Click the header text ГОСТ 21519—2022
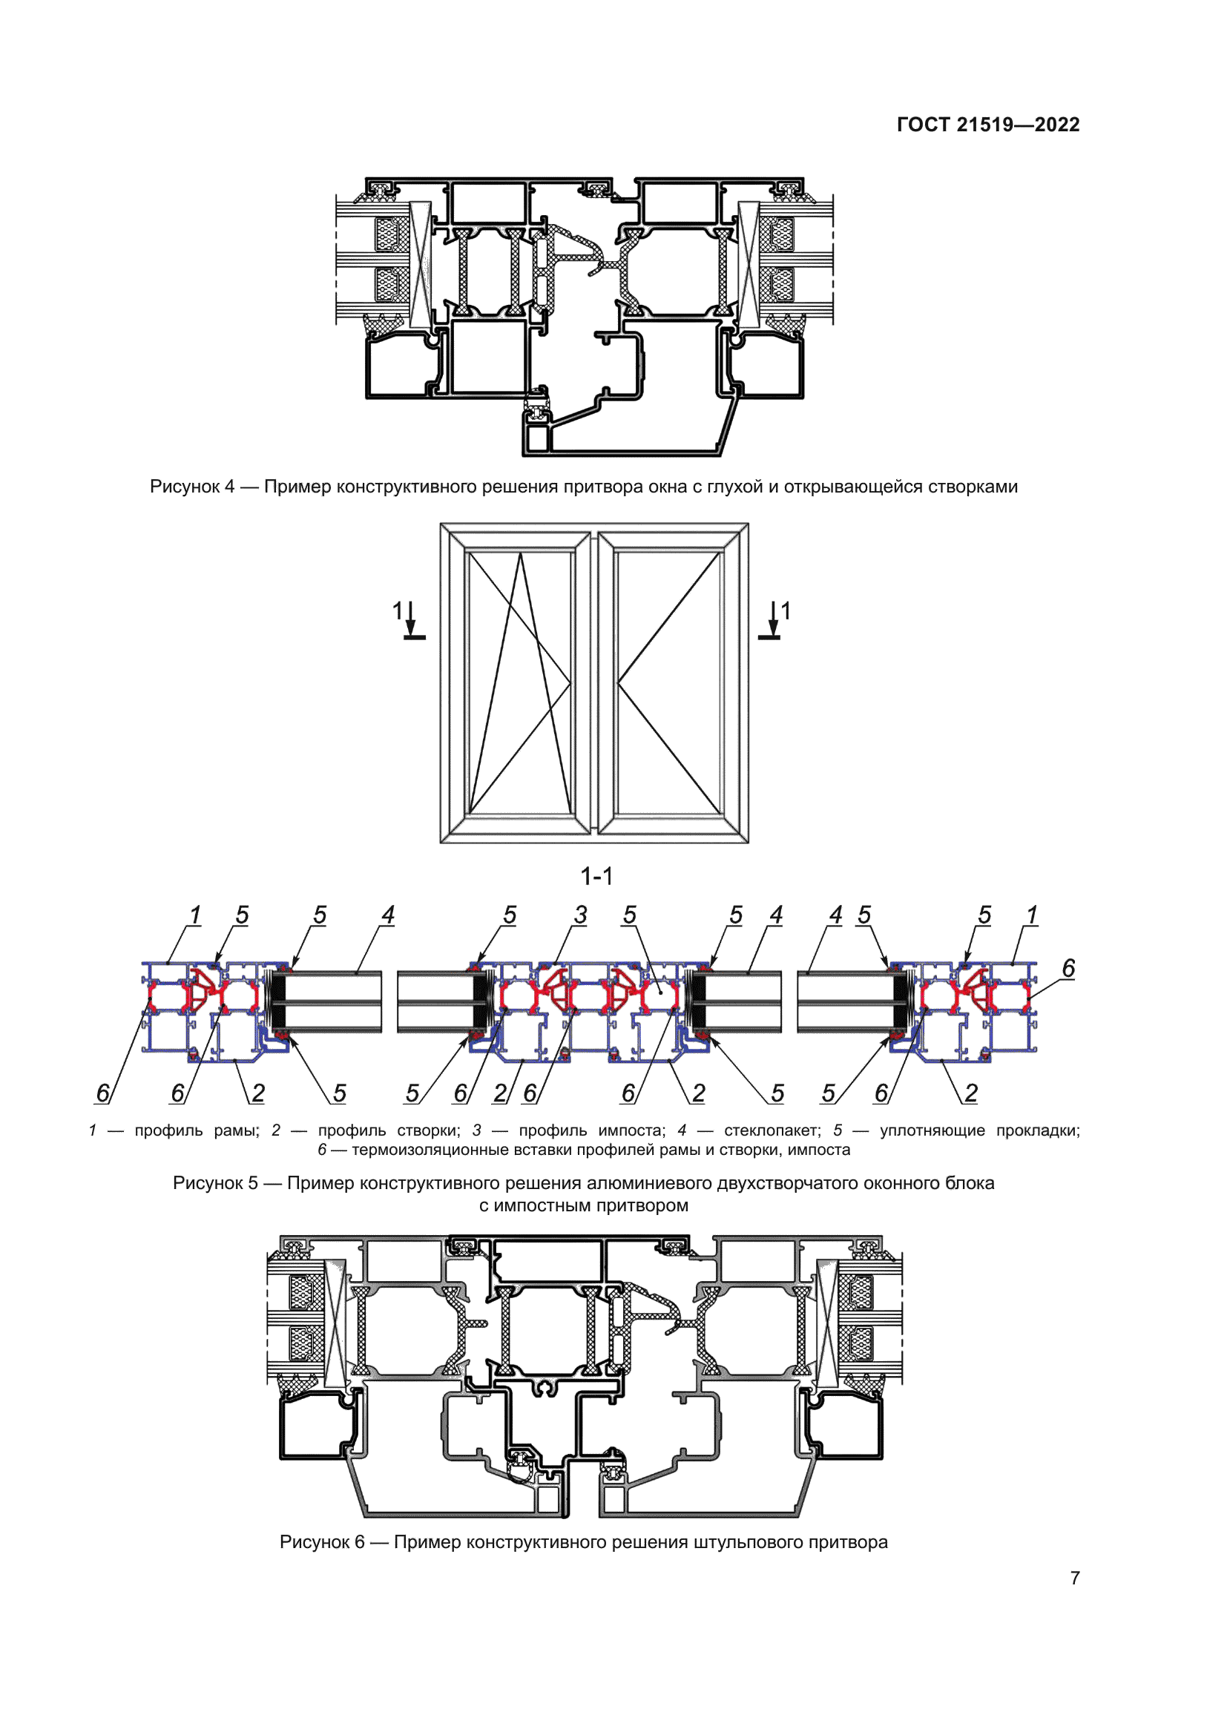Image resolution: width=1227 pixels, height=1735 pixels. pyautogui.click(x=987, y=125)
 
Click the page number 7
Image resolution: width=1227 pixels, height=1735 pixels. pyautogui.click(x=1074, y=1578)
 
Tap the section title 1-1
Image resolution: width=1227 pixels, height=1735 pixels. pyautogui.click(x=596, y=877)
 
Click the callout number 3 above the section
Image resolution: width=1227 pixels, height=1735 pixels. pyautogui.click(x=580, y=915)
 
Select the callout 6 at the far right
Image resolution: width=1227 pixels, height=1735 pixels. pyautogui.click(x=1068, y=968)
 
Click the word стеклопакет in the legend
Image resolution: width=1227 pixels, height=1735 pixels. pyautogui.click(x=772, y=1130)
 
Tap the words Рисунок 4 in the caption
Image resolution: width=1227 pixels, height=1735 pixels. pyautogui.click(x=192, y=487)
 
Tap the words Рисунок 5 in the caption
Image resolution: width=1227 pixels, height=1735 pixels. pyautogui.click(x=215, y=1183)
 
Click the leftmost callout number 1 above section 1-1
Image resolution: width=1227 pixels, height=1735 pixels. pyautogui.click(x=195, y=915)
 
